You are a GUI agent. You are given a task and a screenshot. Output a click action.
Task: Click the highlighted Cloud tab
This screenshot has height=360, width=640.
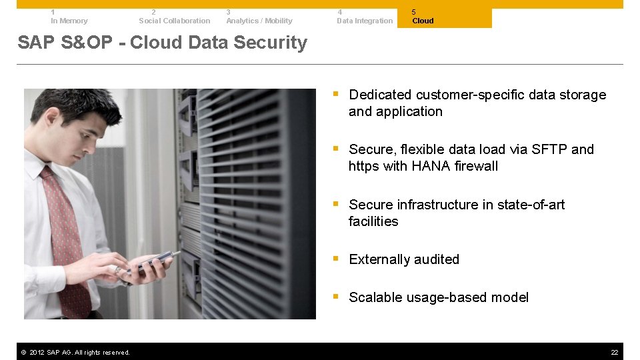pyautogui.click(x=423, y=21)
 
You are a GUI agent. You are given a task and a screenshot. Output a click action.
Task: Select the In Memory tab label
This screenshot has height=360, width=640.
pyautogui.click(x=69, y=21)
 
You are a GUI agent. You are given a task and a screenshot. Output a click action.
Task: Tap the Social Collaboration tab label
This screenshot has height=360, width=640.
pyautogui.click(x=174, y=21)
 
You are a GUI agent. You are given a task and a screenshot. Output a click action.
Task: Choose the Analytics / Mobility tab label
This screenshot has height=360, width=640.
pyautogui.click(x=259, y=21)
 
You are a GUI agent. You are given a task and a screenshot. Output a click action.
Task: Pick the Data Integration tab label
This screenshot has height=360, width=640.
pyautogui.click(x=365, y=21)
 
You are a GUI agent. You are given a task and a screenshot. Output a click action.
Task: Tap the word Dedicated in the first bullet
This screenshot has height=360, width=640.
pyautogui.click(x=379, y=95)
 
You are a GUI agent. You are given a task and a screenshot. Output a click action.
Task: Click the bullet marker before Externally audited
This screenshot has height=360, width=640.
pyautogui.click(x=337, y=259)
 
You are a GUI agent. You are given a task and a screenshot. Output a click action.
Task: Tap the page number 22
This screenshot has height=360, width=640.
pyautogui.click(x=614, y=352)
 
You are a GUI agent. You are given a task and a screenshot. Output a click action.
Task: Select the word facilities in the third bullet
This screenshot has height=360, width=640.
pyautogui.click(x=373, y=221)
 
